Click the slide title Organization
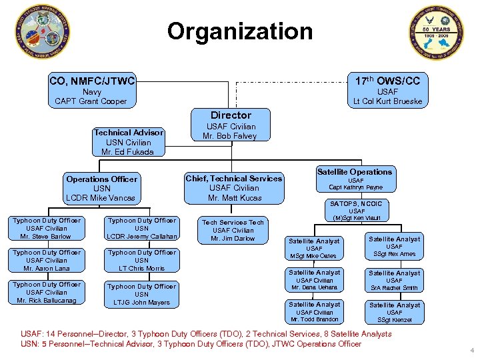[x=239, y=31]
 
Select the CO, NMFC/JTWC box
[x=92, y=91]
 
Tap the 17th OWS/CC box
[x=387, y=91]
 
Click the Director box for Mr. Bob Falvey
[x=231, y=125]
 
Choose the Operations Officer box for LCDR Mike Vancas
[x=101, y=188]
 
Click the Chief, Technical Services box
[x=233, y=188]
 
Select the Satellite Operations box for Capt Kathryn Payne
[x=355, y=179]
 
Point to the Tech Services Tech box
[x=233, y=230]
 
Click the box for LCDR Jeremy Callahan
[x=142, y=228]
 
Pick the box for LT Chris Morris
[x=142, y=260]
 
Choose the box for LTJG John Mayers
[x=142, y=294]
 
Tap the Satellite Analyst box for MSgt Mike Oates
[x=314, y=248]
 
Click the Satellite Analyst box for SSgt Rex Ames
[x=395, y=246]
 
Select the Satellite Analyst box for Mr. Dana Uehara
[x=314, y=280]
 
